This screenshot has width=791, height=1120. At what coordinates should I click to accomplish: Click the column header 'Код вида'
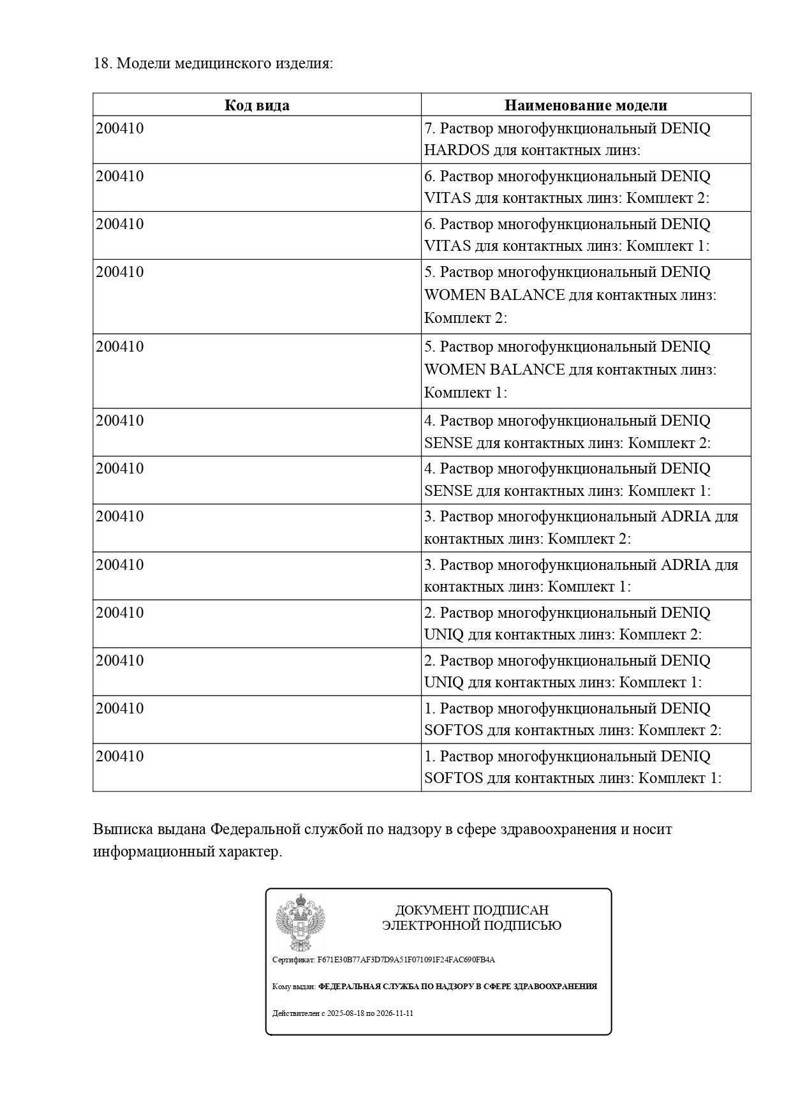tap(256, 105)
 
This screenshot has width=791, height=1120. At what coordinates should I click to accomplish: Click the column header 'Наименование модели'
tap(586, 105)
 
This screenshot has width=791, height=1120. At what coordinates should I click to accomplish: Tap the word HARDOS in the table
tap(457, 151)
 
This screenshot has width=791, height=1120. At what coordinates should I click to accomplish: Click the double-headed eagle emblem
tap(300, 923)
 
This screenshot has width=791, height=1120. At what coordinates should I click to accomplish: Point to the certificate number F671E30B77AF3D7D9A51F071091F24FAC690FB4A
tap(406, 960)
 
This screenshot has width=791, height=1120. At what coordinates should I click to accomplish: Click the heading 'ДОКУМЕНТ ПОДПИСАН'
tap(471, 910)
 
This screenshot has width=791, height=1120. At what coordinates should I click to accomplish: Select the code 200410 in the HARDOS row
tap(120, 128)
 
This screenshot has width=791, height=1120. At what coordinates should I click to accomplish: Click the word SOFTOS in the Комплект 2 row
tap(453, 730)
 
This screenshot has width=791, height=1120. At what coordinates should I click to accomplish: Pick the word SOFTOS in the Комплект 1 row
tap(453, 779)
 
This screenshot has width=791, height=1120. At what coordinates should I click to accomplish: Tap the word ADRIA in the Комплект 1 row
tap(686, 565)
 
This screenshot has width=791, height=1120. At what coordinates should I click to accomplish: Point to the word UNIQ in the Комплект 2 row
tap(444, 635)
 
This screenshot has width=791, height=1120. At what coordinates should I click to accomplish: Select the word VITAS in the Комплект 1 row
tap(447, 246)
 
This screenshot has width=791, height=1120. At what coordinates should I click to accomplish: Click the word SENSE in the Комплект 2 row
tap(448, 443)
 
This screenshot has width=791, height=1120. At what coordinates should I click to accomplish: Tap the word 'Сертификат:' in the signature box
tap(293, 960)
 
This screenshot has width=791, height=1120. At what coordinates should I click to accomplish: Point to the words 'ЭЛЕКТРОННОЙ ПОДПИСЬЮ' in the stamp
tap(471, 926)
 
